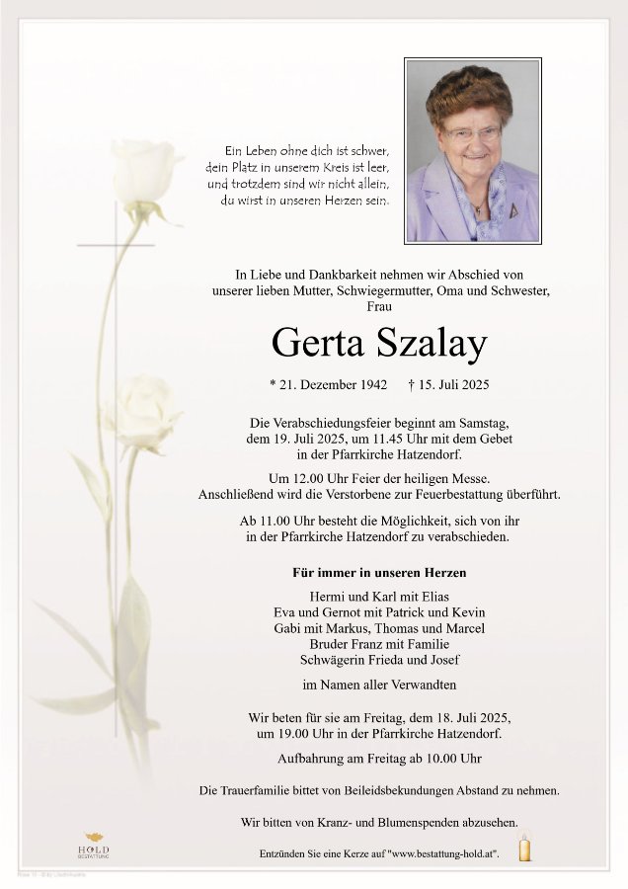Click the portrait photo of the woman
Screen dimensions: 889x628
[x=473, y=150]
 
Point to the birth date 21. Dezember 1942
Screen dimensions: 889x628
[x=329, y=383]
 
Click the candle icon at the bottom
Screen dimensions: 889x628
[x=524, y=848]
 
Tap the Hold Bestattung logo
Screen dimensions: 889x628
[x=94, y=846]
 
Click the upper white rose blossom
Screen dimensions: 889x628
[x=144, y=173]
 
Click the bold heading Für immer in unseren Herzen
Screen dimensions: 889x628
[x=379, y=573]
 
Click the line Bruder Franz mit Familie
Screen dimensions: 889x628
[x=379, y=644]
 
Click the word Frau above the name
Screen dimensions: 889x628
[x=379, y=307]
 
